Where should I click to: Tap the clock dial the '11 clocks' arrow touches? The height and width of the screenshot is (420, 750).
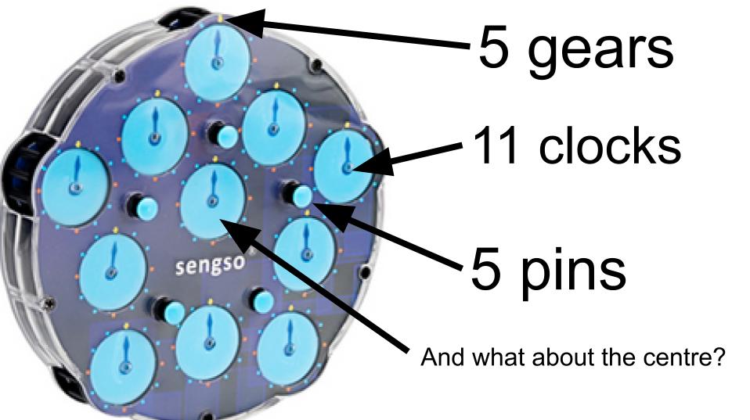tap(344, 165)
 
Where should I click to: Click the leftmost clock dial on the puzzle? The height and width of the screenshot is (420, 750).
tap(75, 188)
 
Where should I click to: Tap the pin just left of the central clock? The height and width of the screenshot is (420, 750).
tap(143, 208)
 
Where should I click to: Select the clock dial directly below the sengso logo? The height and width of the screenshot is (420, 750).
tap(207, 342)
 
